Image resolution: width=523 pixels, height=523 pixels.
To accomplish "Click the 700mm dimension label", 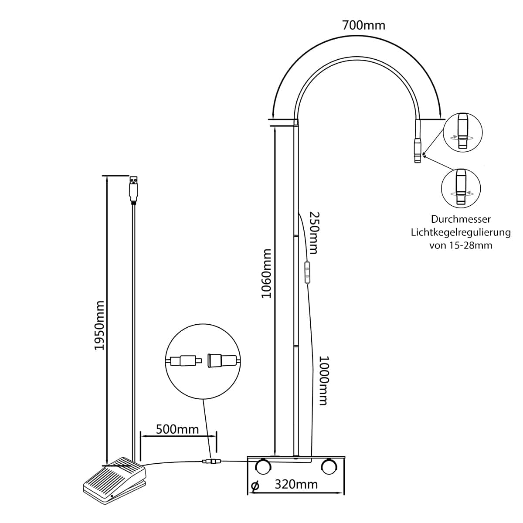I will [363, 26].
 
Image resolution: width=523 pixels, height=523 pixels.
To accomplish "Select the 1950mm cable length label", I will [100, 325].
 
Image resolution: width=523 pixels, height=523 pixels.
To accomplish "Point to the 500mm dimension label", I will [177, 429].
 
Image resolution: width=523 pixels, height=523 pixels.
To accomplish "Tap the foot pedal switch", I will [114, 479].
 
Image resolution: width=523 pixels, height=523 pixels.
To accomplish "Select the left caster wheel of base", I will [263, 467].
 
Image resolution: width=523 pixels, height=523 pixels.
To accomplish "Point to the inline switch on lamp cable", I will [307, 273].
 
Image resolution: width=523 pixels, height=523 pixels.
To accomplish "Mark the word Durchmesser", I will [461, 219].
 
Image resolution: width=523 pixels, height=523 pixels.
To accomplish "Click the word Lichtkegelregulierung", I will [461, 232].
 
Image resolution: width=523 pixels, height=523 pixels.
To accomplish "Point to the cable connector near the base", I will [212, 461].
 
